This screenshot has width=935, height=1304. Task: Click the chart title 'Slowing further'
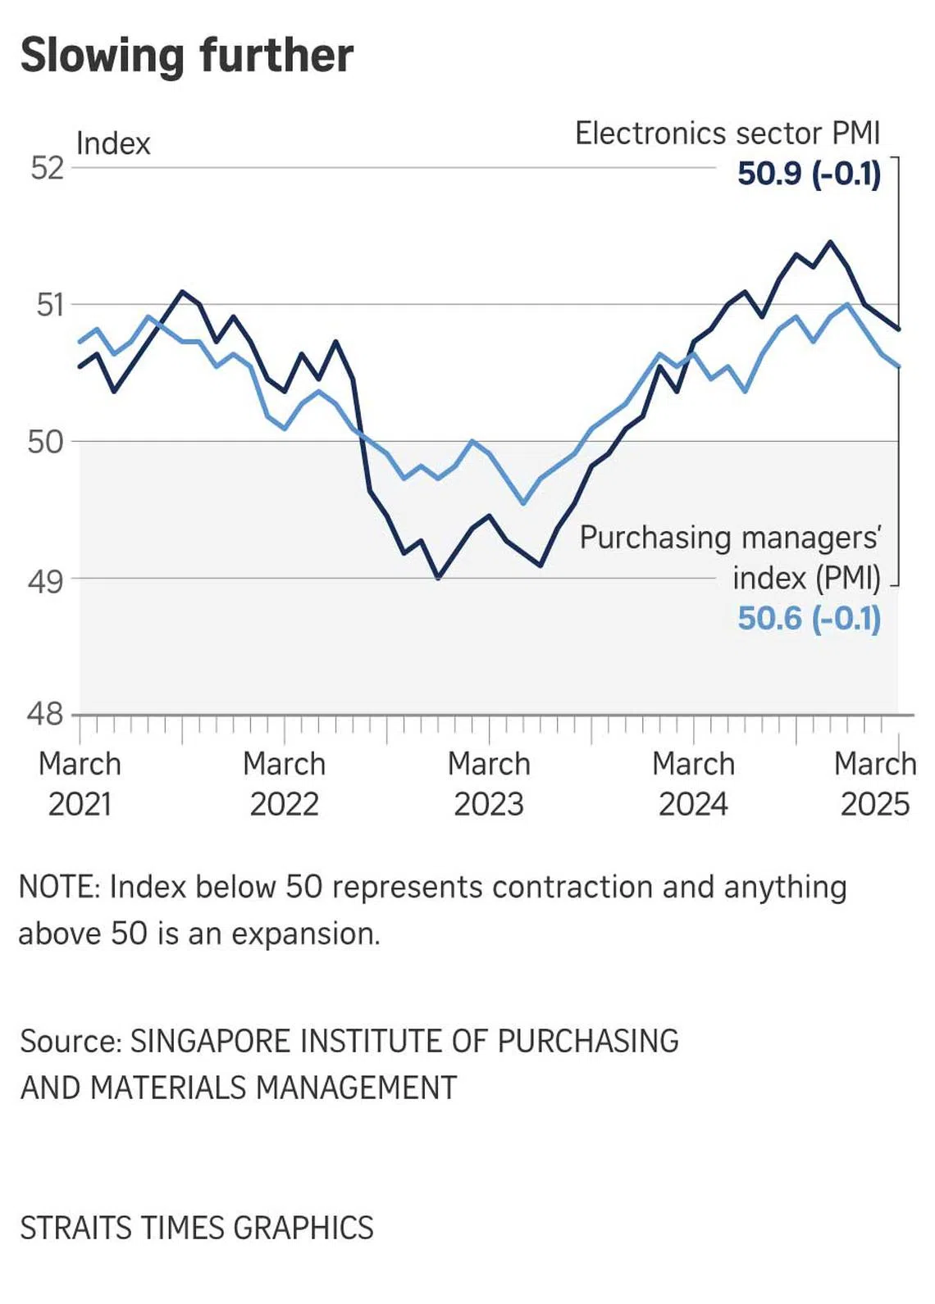187,56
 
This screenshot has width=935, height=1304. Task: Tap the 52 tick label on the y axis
47,168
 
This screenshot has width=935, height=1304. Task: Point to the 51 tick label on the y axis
49,305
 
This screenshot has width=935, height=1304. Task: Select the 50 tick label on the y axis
46,442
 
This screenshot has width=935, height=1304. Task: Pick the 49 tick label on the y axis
46,580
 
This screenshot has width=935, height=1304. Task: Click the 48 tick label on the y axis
46,715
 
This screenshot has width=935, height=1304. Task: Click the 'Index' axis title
113,143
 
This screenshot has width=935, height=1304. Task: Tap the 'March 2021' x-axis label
80,784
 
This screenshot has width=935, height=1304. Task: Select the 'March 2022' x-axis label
285,784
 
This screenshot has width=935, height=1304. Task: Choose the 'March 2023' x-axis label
489,784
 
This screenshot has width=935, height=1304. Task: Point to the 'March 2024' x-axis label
693,784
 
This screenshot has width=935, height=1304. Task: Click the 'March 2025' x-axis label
875,784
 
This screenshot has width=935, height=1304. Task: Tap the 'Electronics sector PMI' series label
727,133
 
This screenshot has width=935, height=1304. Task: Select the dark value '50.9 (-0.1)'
809,174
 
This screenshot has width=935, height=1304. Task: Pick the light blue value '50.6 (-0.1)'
809,618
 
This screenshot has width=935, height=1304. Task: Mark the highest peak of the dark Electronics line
830,242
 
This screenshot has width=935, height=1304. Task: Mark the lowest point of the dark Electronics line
438,578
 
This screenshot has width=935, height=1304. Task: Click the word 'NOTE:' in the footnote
60,887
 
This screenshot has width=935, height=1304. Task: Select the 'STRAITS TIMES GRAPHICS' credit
197,1228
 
